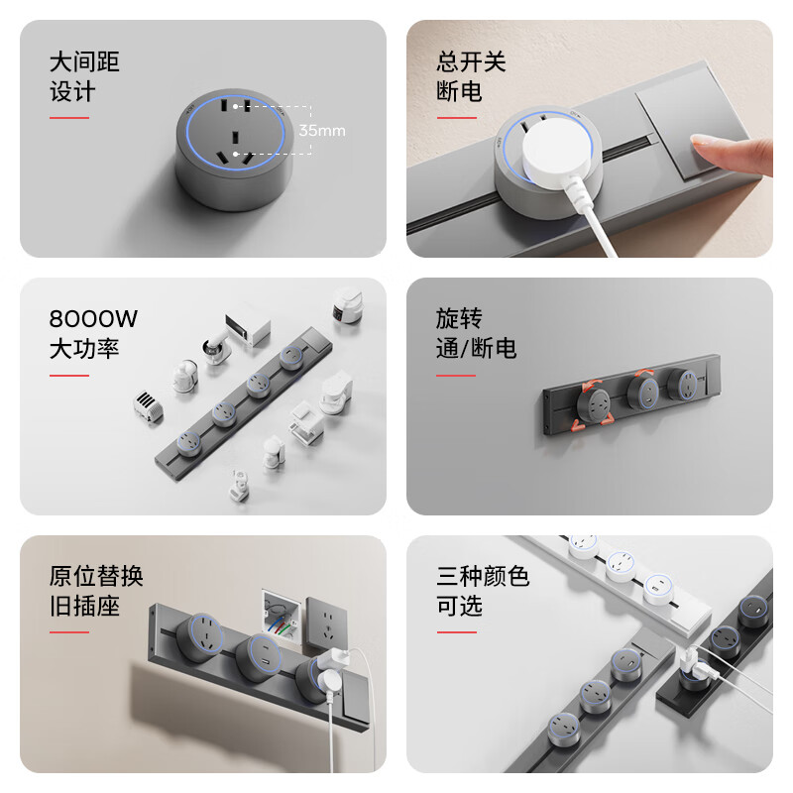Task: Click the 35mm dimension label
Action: [x=322, y=130]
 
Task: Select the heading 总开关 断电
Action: [x=471, y=76]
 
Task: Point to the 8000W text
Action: [x=93, y=319]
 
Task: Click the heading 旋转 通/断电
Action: [x=476, y=333]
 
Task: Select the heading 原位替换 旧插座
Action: [x=96, y=591]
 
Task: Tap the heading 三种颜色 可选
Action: [x=483, y=591]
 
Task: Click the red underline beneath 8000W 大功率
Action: [x=69, y=376]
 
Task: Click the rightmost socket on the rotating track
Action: [x=682, y=385]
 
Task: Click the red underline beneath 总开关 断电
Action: [x=456, y=117]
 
